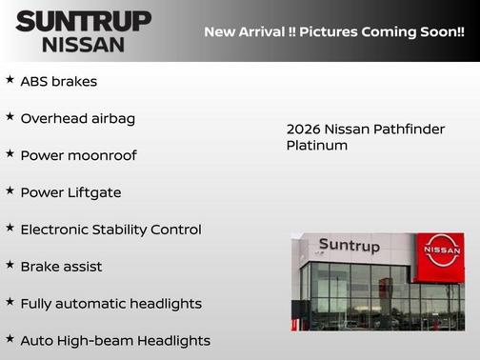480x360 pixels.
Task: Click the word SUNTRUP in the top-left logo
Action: tap(84, 21)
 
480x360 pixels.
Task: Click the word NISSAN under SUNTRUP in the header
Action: tap(84, 44)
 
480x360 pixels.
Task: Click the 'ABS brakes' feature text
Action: tap(58, 82)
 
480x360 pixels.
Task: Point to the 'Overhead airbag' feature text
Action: tap(77, 118)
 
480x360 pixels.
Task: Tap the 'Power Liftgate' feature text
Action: tap(70, 192)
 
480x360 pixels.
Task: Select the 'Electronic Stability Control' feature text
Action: tap(110, 230)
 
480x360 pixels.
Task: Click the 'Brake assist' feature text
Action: tap(61, 267)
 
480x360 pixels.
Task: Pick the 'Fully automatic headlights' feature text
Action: tap(110, 304)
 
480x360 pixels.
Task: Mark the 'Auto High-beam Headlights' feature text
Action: tap(115, 340)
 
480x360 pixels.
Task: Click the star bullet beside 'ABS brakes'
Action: tap(10, 80)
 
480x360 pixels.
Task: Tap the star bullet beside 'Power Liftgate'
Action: tap(10, 190)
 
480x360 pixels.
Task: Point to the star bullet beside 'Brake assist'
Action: tap(10, 265)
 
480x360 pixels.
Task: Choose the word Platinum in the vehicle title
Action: tap(316, 146)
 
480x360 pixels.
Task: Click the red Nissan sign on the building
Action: tap(441, 256)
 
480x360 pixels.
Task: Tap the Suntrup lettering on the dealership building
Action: tap(349, 246)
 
